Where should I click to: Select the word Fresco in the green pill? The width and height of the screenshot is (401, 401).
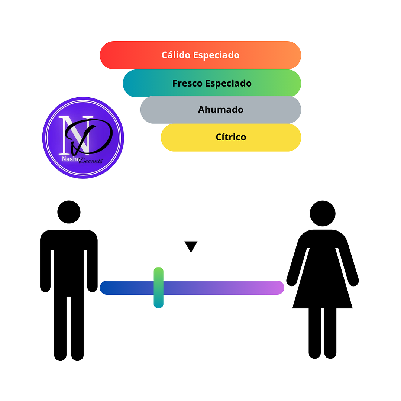(187, 83)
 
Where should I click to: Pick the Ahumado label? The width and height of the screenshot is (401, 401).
(220, 110)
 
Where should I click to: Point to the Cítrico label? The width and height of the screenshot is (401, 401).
(231, 137)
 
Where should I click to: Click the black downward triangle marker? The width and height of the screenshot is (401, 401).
(191, 246)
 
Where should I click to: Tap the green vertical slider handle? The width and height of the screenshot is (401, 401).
(159, 287)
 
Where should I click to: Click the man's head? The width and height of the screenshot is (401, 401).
(69, 212)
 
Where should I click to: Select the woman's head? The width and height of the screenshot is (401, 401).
(323, 214)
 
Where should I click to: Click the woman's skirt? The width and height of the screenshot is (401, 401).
(323, 290)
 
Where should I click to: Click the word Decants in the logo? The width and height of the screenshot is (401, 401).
(91, 161)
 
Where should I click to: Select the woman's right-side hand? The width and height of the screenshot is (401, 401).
(353, 281)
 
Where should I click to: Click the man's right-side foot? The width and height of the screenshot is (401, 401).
(77, 356)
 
